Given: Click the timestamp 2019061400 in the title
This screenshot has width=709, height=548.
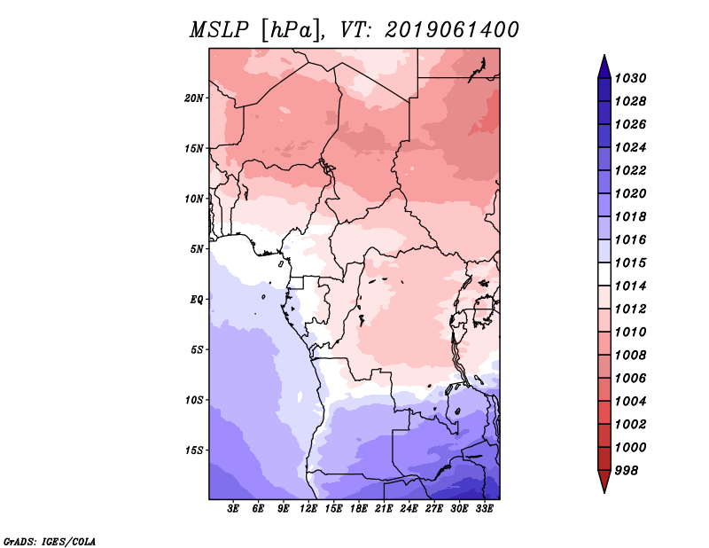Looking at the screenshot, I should pos(452,30).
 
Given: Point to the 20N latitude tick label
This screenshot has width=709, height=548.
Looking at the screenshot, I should pos(194,98).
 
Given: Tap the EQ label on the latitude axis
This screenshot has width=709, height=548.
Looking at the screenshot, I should pos(197,299).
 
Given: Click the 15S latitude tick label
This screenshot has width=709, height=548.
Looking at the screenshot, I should pos(194,450).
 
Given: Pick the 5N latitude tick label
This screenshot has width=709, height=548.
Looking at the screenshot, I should pos(197,248).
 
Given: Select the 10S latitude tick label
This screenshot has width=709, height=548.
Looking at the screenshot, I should pos(194,400).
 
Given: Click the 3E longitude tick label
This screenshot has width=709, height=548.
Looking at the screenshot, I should pos(234,509).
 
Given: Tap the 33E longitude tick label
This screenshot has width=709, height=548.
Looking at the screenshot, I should pos(484,509).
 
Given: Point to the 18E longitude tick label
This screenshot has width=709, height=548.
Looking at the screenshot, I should pos(359,509).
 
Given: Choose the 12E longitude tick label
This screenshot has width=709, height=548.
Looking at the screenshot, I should pos(309,509).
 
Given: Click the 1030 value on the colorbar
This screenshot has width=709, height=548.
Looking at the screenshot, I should pos(633,78).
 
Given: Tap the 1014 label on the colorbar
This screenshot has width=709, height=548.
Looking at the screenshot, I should pos(633,286).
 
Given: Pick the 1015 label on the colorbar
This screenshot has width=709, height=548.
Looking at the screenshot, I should pos(633,262).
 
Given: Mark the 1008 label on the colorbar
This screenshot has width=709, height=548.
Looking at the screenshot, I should pos(633,355).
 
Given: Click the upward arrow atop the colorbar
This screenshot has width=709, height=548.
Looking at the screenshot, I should pos(604,65).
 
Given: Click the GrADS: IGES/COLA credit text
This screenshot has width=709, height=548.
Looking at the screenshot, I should pos(50,540).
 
